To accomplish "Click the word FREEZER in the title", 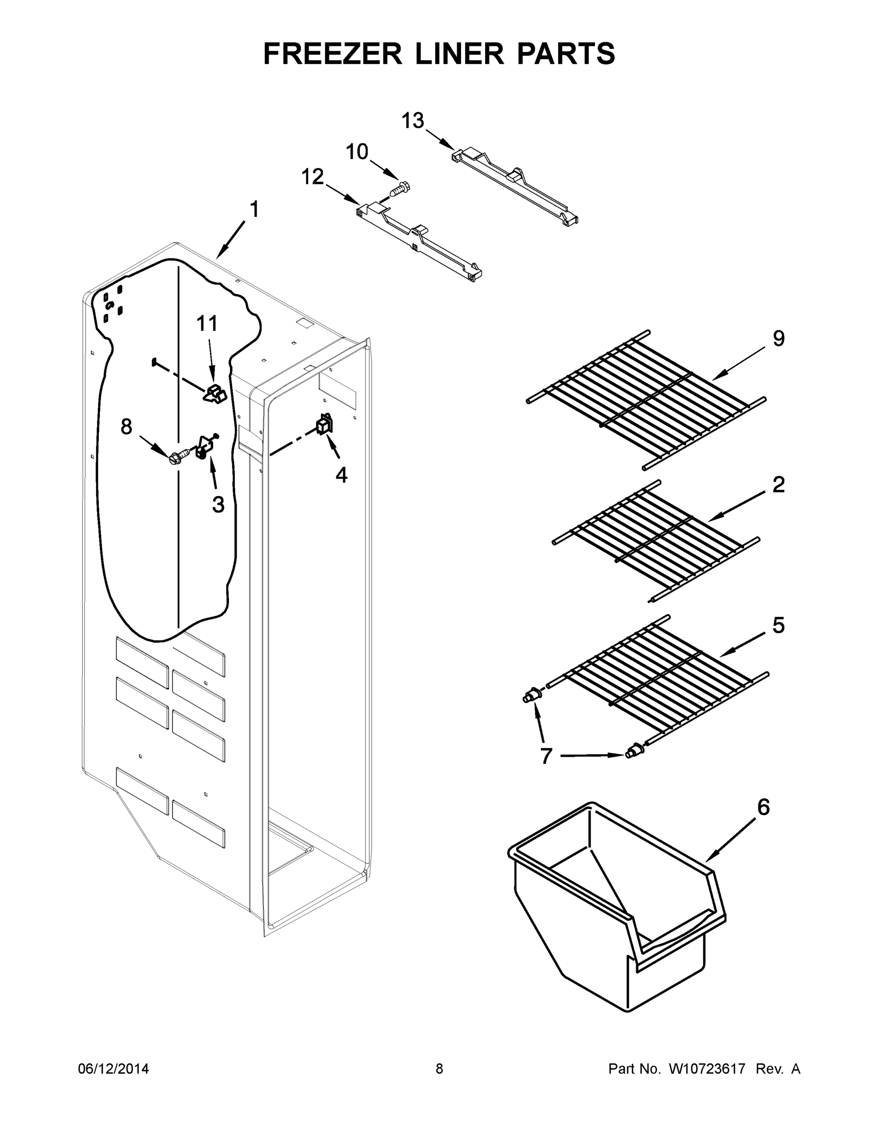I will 332,53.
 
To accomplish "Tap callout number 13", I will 412,121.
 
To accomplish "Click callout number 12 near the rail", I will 312,177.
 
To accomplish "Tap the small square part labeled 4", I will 325,424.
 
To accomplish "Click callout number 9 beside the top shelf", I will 778,338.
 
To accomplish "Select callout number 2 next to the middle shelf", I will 778,485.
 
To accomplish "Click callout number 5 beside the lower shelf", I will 778,625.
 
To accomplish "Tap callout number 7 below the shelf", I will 545,756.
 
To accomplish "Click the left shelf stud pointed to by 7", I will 531,695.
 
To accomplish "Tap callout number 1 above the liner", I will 254,210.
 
